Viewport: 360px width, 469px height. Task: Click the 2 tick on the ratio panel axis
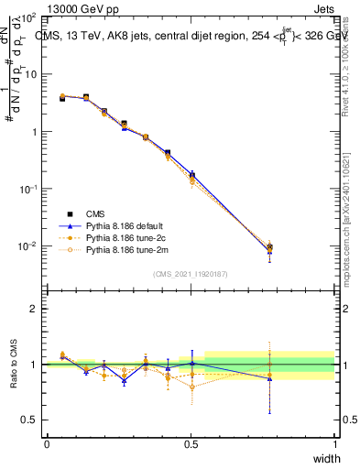click(x=36, y=309)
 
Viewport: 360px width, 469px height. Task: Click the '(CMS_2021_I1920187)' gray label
click(x=190, y=273)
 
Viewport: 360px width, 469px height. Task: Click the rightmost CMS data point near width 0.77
click(x=269, y=247)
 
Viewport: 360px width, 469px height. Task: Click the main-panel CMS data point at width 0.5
click(x=191, y=173)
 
